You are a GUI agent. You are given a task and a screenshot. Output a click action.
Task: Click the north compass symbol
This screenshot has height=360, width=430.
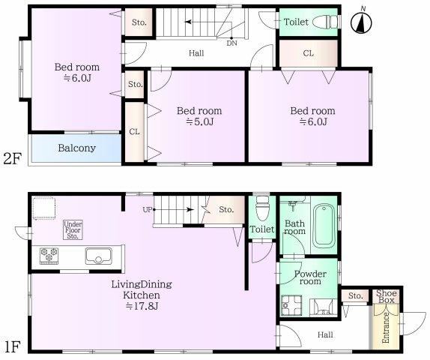[x=361, y=22]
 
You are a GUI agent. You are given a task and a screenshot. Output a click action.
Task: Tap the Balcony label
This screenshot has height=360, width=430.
[x=76, y=148]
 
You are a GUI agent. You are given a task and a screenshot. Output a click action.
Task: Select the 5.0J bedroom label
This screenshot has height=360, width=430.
[x=199, y=116]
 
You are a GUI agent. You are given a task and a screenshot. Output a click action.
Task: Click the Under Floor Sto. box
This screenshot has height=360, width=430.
[x=73, y=229]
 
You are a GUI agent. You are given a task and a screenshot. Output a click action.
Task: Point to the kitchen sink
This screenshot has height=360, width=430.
[x=98, y=256]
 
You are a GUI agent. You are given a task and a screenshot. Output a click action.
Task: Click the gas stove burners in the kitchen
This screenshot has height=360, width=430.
[x=49, y=256]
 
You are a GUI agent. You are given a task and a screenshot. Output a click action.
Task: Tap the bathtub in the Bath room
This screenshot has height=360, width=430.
[x=324, y=226]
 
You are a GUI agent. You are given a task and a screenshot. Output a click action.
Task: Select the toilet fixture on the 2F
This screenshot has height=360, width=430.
[x=325, y=22]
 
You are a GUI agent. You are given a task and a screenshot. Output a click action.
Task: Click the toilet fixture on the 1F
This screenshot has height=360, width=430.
[x=262, y=208]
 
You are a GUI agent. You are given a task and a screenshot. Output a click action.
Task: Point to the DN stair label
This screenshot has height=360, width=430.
[x=231, y=43]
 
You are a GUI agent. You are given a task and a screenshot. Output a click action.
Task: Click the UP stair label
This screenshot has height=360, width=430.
[x=148, y=210]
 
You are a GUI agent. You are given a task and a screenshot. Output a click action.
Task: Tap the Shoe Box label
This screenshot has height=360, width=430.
[x=387, y=296]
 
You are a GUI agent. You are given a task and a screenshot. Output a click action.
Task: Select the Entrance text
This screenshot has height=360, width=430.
[x=386, y=328]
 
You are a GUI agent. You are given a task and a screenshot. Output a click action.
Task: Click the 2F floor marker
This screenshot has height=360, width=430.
[x=12, y=159]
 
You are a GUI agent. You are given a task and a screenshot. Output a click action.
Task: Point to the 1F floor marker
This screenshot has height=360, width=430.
[x=12, y=346]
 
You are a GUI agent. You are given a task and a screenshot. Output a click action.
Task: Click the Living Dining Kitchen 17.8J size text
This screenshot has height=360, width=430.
[x=142, y=306]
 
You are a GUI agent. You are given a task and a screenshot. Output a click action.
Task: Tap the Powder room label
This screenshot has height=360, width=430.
[x=310, y=277]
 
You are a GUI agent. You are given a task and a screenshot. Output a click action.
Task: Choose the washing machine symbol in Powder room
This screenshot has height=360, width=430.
[x=292, y=305]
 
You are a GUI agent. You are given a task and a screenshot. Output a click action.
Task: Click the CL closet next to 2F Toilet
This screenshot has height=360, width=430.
[x=308, y=53]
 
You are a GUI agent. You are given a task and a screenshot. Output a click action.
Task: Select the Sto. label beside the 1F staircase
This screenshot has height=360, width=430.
[x=226, y=210]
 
